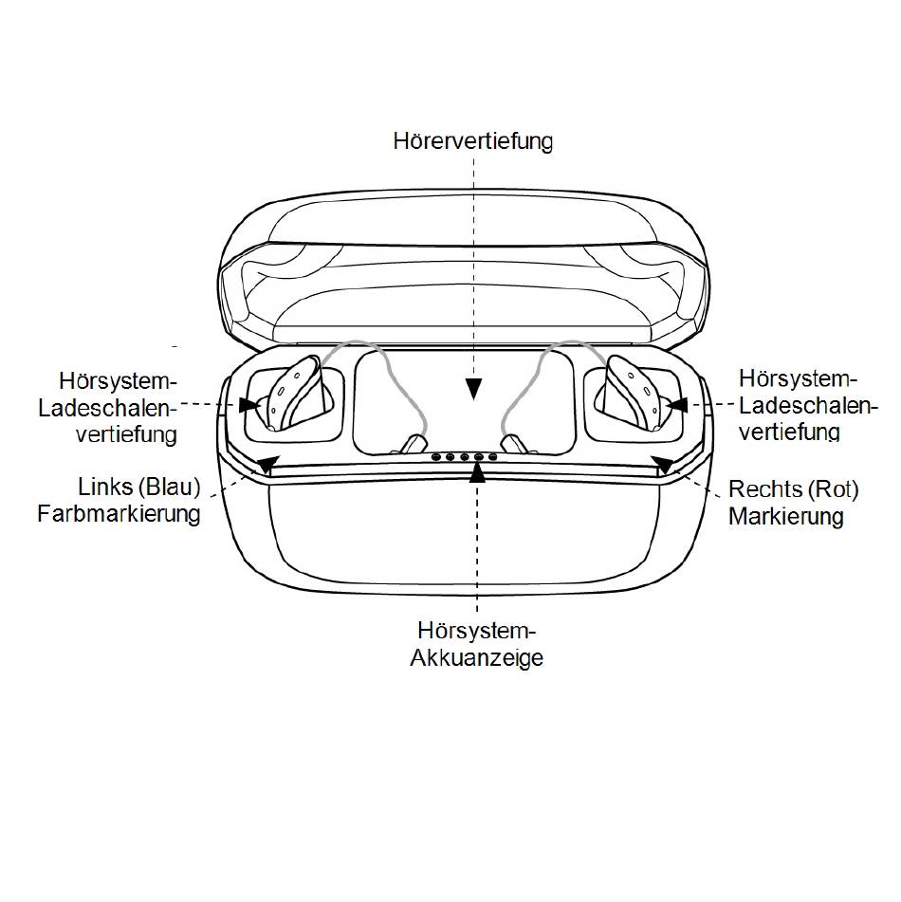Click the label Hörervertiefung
pyautogui.click(x=473, y=141)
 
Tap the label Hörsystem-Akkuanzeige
pyautogui.click(x=476, y=644)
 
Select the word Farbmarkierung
pyautogui.click(x=120, y=514)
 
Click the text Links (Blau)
pyautogui.click(x=139, y=488)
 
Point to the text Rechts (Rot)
pyautogui.click(x=794, y=489)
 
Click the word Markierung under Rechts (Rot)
pyautogui.click(x=786, y=516)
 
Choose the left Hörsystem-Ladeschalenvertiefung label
pyautogui.click(x=107, y=407)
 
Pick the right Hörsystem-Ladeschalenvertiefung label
pyautogui.click(x=808, y=405)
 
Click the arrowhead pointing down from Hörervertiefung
pyautogui.click(x=473, y=390)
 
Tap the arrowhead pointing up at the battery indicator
pyautogui.click(x=477, y=471)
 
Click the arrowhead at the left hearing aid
pyautogui.click(x=249, y=405)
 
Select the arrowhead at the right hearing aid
pyautogui.click(x=677, y=405)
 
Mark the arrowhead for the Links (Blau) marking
pyautogui.click(x=268, y=464)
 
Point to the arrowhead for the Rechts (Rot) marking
pyautogui.click(x=663, y=464)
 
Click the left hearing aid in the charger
pyautogui.click(x=294, y=393)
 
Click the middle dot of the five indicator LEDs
pyautogui.click(x=465, y=457)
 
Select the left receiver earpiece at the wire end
pyautogui.click(x=412, y=444)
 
